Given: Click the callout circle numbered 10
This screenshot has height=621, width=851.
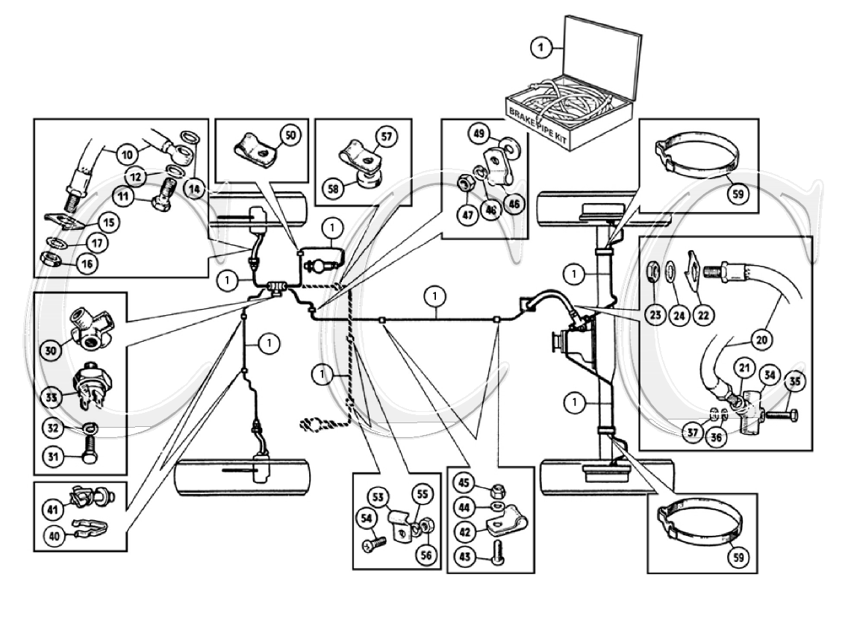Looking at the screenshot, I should (127, 155).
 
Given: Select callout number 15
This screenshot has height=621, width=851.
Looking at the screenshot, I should (109, 222).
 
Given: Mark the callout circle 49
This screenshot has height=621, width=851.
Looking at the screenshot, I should (478, 134).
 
